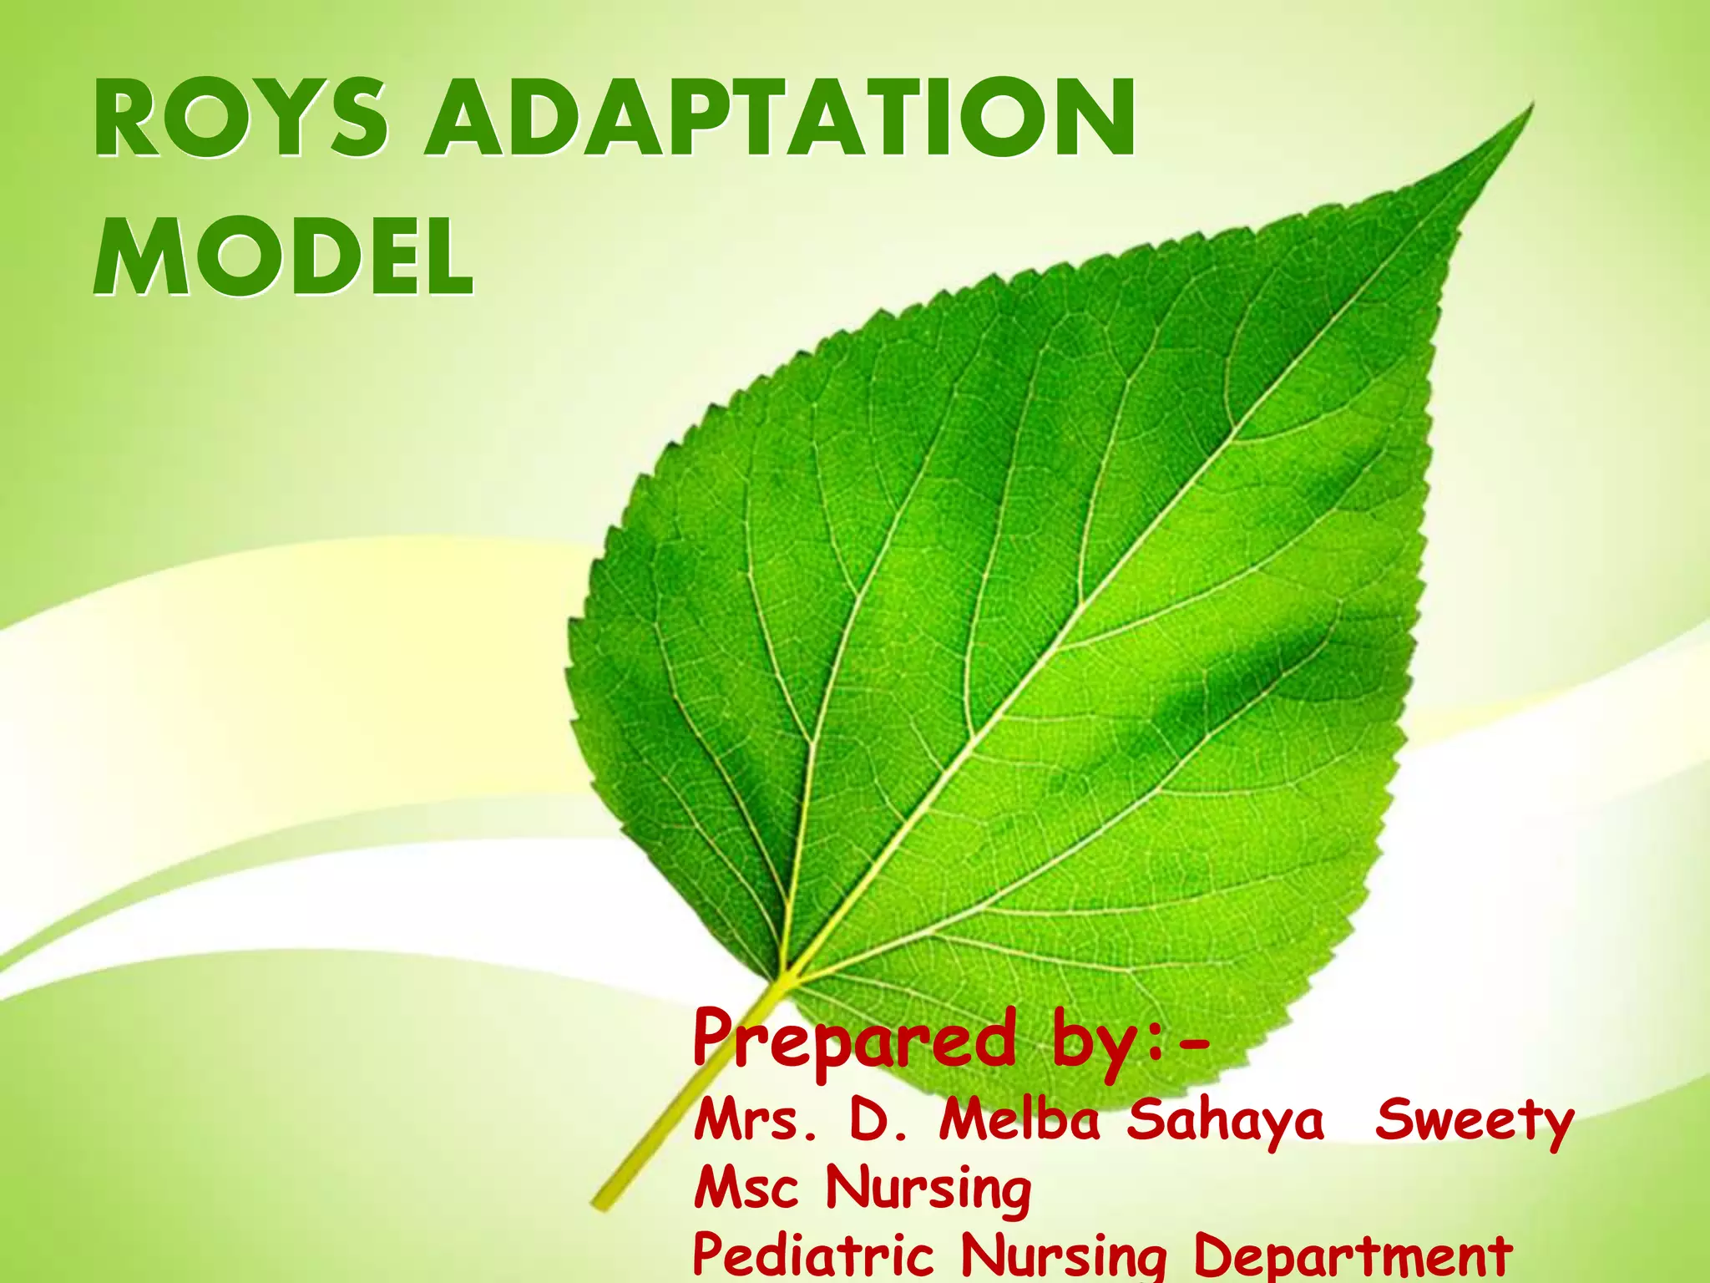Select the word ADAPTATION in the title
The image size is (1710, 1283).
coord(781,119)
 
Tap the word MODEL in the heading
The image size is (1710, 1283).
coord(283,256)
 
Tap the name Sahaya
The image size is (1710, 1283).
coord(1224,1122)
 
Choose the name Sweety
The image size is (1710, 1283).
coord(1474,1122)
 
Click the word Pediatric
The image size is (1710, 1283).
coord(812,1255)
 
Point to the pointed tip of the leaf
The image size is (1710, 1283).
coord(1530,106)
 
